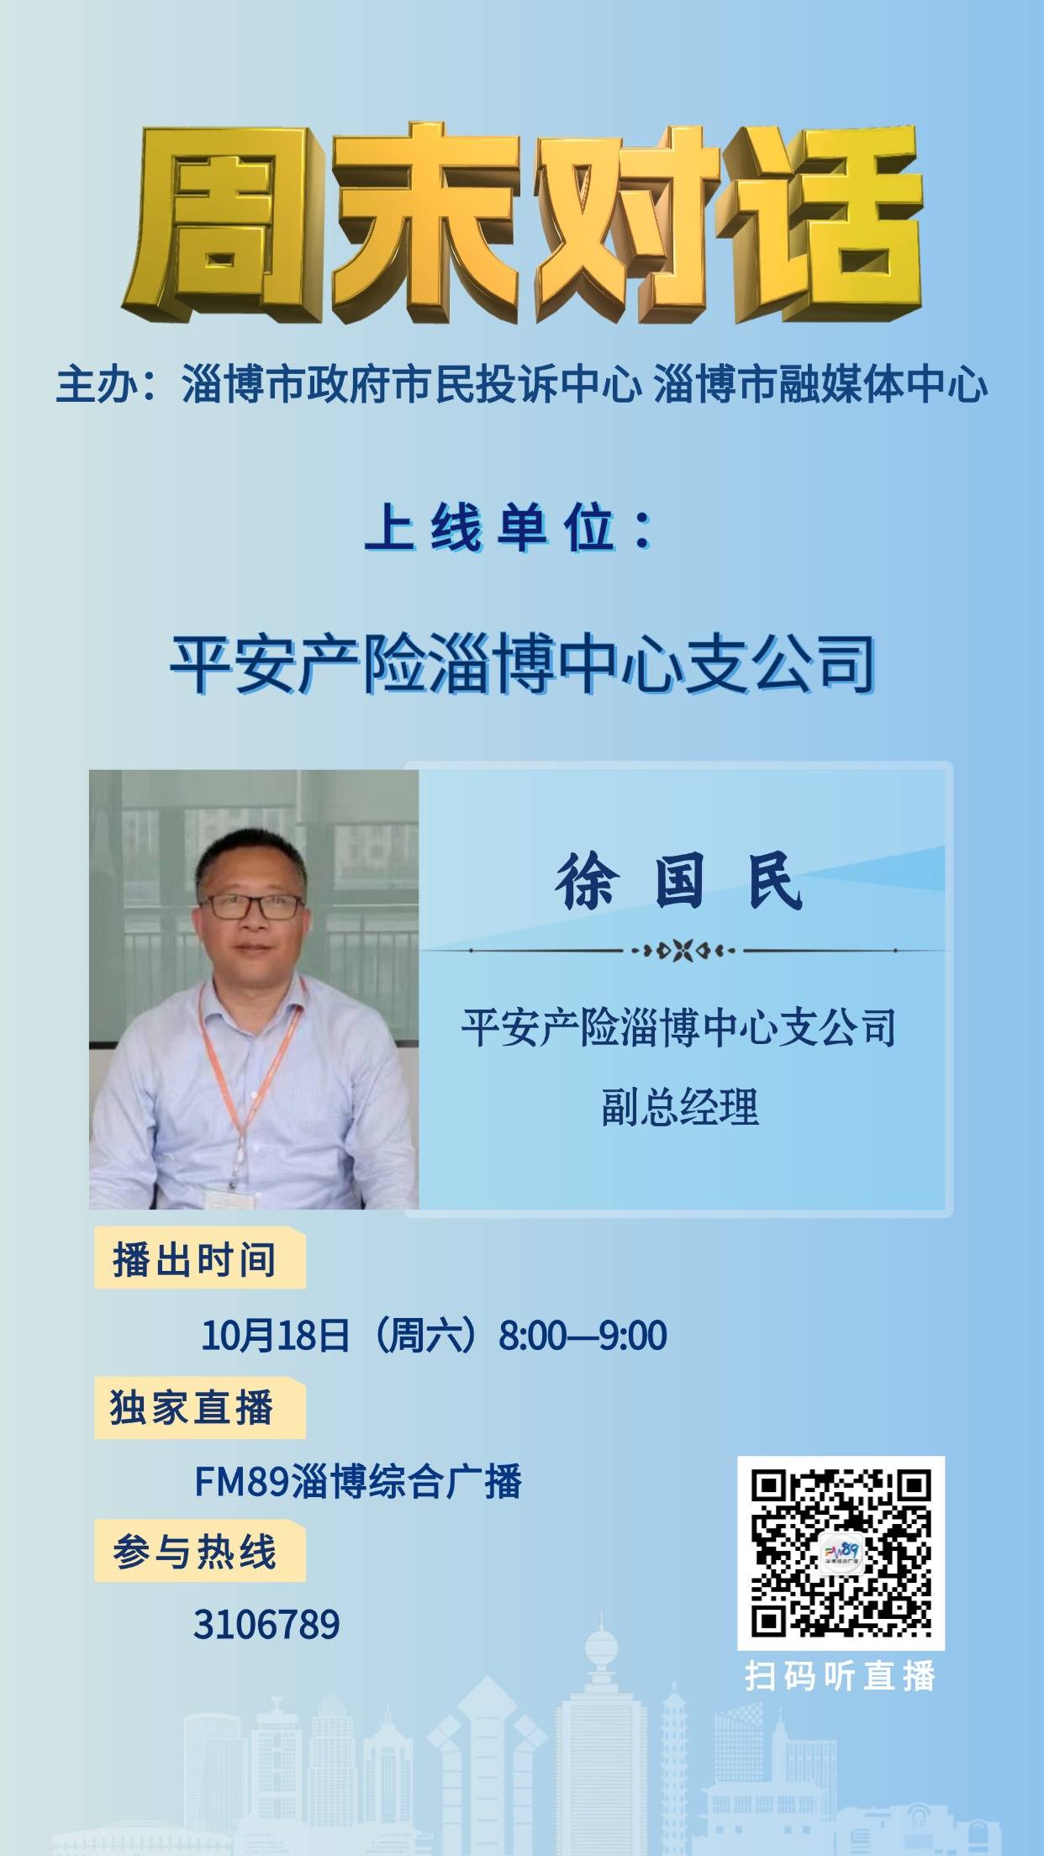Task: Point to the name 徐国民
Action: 679,883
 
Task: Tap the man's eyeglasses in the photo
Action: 253,905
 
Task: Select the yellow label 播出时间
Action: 198,1258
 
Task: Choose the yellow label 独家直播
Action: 198,1407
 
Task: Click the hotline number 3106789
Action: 266,1625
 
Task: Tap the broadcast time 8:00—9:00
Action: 583,1335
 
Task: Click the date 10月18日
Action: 275,1335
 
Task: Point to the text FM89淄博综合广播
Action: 358,1481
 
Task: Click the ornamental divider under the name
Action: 683,951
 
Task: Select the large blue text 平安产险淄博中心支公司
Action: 522,665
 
